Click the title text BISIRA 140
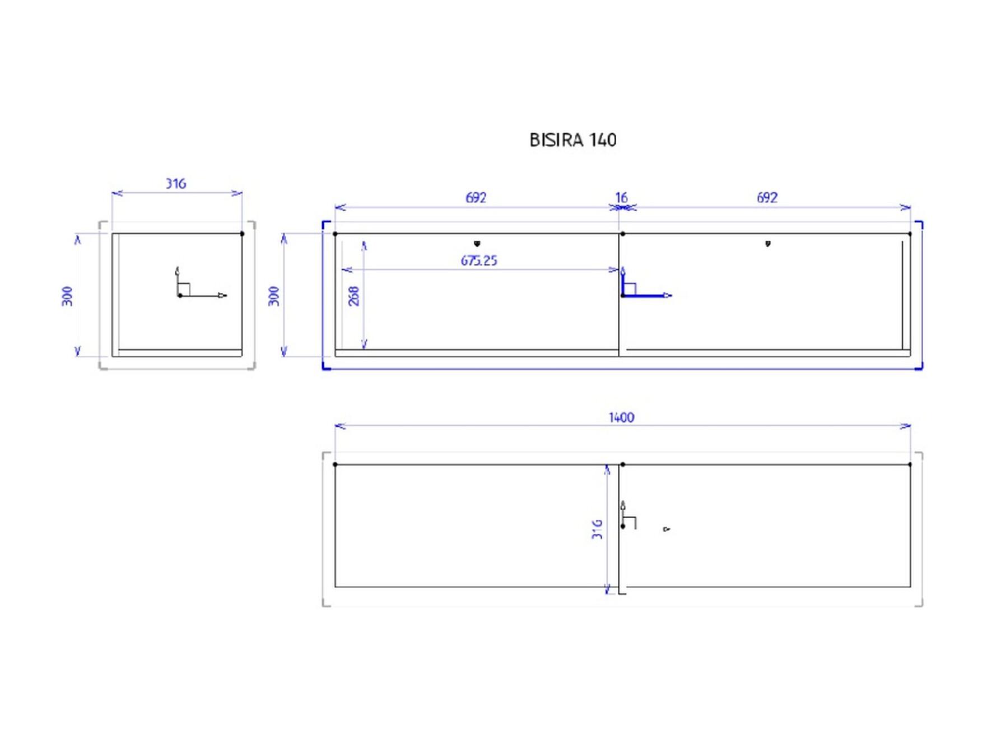[572, 139]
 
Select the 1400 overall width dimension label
[621, 417]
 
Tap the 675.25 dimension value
[479, 260]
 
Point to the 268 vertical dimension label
[353, 296]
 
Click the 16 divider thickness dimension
[621, 198]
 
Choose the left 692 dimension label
[476, 198]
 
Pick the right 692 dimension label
[767, 198]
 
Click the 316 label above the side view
[175, 184]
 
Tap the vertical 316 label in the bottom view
[597, 529]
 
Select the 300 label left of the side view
[67, 296]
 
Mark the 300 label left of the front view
[273, 296]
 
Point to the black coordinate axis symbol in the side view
[201, 282]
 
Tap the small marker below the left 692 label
[477, 244]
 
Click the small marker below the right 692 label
[768, 244]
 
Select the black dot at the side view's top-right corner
[242, 234]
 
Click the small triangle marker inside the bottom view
[666, 529]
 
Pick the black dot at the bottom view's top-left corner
[335, 464]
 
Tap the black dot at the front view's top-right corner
[910, 234]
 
